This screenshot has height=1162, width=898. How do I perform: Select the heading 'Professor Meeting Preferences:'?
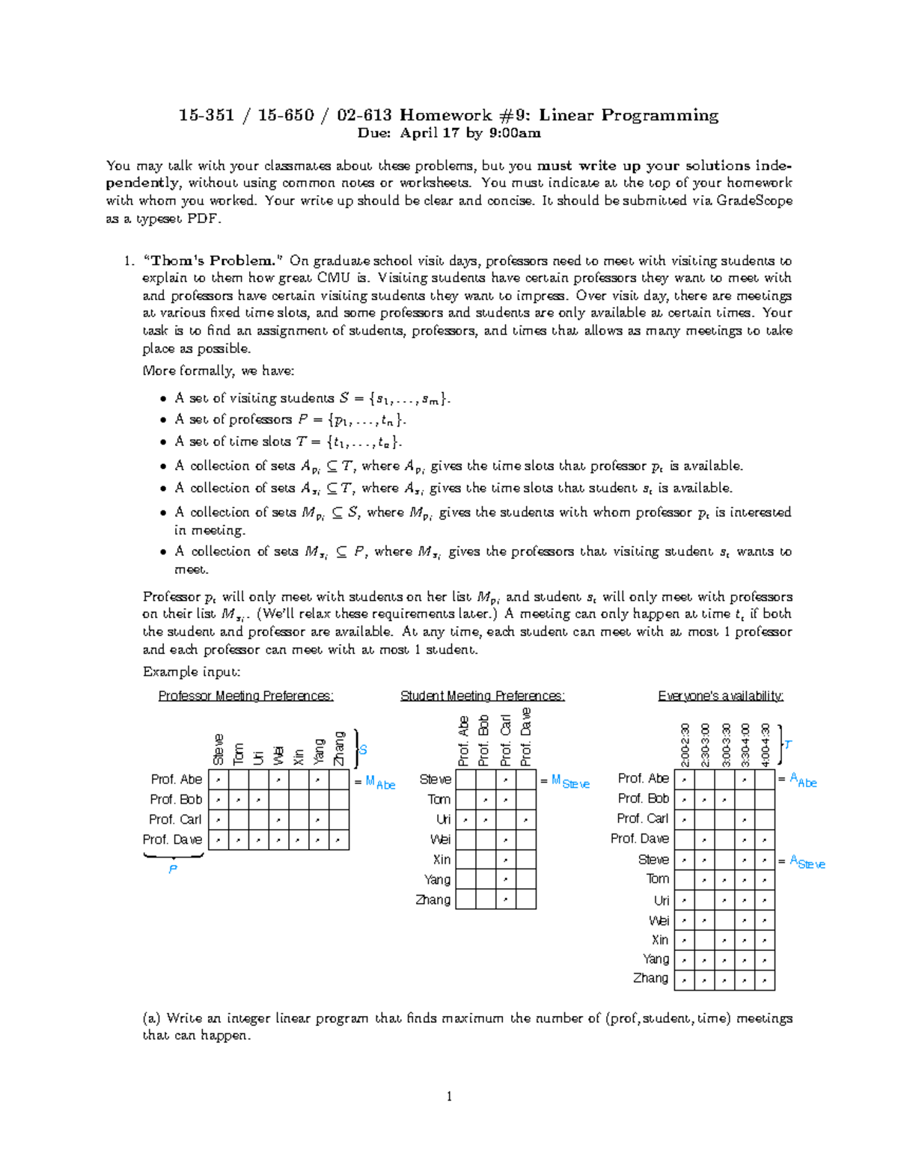coord(245,696)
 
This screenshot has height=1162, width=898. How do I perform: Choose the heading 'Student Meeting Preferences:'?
coord(483,696)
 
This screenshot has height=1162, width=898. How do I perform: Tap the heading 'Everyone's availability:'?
coord(721,696)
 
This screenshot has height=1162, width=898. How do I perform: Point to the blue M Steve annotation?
coord(570,782)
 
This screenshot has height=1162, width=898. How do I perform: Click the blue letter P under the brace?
coord(173,869)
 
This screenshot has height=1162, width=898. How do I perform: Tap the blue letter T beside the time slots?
coord(788,744)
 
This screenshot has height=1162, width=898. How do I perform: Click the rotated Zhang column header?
coord(339,748)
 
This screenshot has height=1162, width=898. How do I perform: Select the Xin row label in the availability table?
coord(659,940)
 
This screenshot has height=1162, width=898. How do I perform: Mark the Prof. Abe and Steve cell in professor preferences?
coord(218,780)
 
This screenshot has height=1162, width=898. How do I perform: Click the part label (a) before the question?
coord(151,1018)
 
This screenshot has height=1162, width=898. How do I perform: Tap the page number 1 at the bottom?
coord(449,1097)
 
